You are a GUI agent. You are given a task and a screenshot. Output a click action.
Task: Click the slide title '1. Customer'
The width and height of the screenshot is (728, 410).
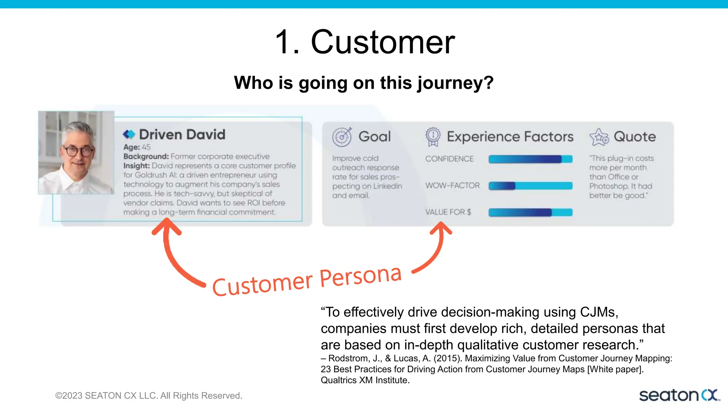365,42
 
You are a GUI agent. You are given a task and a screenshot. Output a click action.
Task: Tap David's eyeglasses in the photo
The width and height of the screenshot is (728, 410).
78,151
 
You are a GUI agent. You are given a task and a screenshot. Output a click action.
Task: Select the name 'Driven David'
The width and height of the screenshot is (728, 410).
182,135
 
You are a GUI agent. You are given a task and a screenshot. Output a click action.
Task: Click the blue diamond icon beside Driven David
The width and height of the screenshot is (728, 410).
129,135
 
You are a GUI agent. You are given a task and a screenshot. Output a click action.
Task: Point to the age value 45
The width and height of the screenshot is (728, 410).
146,147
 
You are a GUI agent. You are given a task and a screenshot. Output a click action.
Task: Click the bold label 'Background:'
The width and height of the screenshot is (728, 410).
146,157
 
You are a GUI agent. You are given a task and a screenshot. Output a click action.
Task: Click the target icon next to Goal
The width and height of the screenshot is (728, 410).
342,137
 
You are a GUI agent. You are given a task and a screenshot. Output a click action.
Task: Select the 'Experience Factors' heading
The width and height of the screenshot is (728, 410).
510,137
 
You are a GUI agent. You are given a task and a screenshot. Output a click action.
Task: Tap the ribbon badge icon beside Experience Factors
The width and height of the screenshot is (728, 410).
433,137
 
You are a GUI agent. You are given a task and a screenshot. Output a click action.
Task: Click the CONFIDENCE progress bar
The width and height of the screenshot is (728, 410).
530,159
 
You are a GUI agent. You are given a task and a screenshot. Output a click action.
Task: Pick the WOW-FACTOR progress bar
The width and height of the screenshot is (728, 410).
530,186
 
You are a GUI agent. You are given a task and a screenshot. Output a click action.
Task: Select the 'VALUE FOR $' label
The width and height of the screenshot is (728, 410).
448,212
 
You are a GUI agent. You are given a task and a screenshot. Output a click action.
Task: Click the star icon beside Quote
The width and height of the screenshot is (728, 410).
599,137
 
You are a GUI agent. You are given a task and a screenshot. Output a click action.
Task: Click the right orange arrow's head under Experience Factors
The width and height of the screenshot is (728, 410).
441,228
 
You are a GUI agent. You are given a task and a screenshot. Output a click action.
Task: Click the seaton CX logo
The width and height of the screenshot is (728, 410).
679,395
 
